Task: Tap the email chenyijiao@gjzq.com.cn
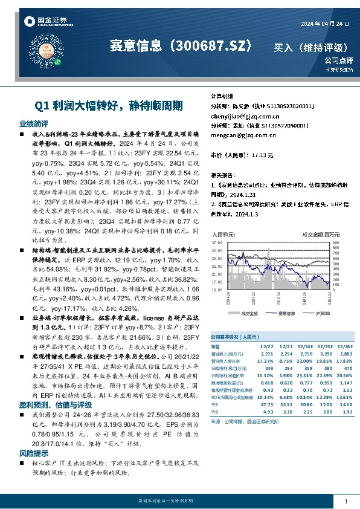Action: coord(237,116)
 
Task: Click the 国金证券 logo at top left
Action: coord(45,22)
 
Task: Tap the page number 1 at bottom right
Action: coord(345,501)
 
